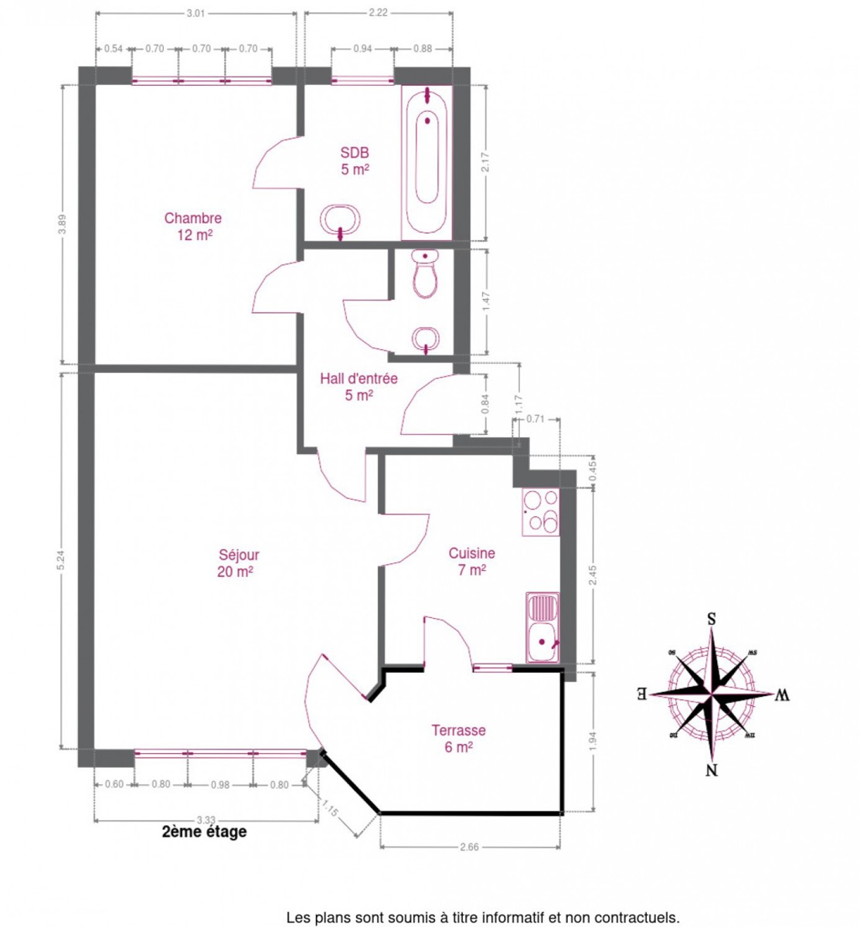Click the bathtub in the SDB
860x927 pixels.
[427, 162]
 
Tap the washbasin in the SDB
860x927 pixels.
[340, 219]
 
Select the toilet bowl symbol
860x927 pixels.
[425, 273]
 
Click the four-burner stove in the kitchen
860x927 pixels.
[540, 512]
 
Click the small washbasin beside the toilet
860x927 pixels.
[425, 338]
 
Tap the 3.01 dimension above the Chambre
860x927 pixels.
[195, 13]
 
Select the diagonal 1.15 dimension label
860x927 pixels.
[330, 808]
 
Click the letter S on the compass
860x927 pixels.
[711, 620]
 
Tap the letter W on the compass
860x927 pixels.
[781, 695]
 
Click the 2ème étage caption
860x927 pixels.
[204, 832]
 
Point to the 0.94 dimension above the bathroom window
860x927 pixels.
[362, 49]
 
